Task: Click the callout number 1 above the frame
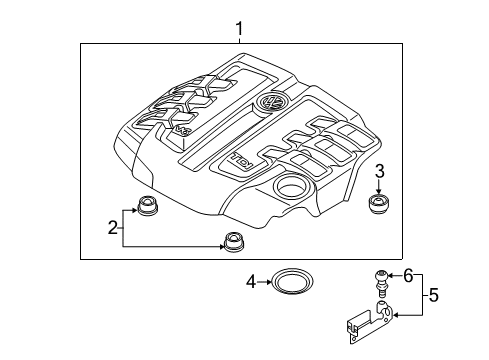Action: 239,29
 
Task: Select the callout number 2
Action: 113,228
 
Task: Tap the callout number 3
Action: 380,171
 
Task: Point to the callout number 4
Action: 251,282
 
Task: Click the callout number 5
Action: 433,295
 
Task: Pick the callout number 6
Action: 409,276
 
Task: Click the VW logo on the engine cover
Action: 272,101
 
